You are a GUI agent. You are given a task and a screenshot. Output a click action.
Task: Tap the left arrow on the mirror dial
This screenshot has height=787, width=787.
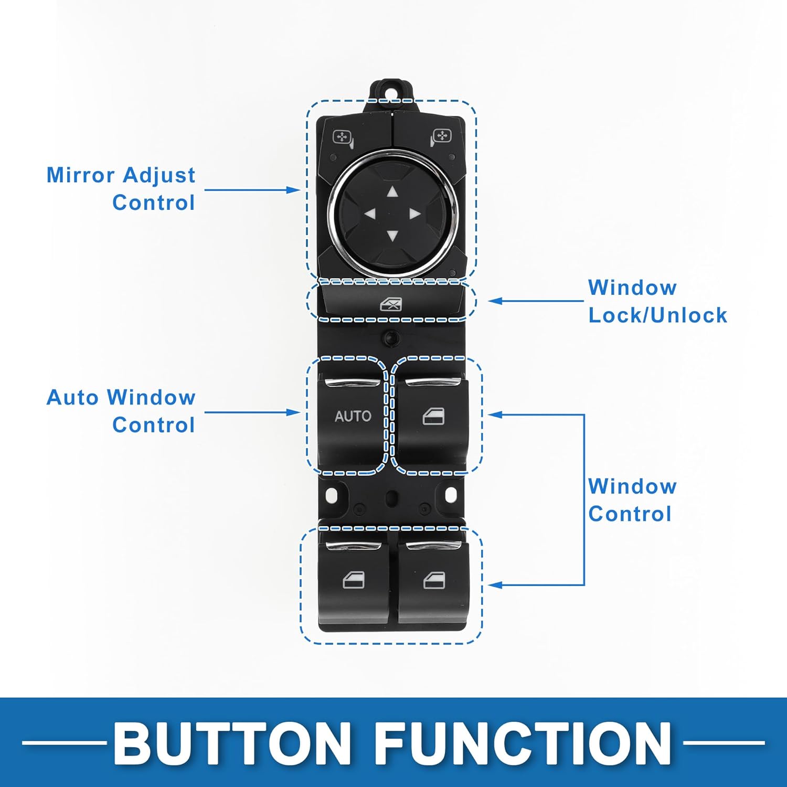370,214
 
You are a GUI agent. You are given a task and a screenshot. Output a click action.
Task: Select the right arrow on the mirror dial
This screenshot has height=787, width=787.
414,214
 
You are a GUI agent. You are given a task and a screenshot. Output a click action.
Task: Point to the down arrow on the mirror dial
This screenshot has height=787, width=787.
392,236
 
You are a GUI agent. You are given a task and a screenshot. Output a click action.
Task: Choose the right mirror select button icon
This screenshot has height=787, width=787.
441,137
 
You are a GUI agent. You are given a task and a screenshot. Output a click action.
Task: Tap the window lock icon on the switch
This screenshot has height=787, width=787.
391,304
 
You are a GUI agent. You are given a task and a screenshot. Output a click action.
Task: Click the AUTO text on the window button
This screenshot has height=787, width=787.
353,416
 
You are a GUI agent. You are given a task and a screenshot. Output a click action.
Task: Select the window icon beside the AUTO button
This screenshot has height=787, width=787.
433,416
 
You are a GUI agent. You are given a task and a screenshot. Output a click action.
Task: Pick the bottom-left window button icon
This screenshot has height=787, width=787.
353,580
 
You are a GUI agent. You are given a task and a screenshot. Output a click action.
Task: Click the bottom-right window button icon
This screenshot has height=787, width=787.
434,580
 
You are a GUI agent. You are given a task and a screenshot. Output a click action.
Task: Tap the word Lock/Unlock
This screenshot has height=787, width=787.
657,315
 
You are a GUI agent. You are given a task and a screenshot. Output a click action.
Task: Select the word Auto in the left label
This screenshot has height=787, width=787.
72,398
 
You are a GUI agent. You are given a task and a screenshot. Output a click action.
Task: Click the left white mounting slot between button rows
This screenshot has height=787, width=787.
331,495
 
